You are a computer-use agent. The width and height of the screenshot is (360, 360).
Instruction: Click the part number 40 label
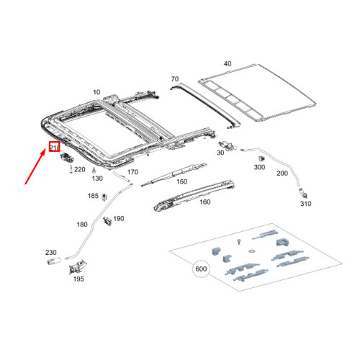coord(228,64)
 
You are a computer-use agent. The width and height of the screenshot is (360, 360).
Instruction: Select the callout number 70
coord(174,78)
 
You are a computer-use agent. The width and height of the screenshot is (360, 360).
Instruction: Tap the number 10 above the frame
coord(97,92)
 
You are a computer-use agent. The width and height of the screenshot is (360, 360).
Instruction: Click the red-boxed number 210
coord(53,148)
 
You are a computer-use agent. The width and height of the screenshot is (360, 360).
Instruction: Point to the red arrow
coord(35,166)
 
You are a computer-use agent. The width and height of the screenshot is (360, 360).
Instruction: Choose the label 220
coord(80,169)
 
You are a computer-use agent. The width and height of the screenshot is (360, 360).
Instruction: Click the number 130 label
coord(98,179)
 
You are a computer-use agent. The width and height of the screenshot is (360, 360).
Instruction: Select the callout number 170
coord(132,173)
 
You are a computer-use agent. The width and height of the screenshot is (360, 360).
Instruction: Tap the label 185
coord(93,196)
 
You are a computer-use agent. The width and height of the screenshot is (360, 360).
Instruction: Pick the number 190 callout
coord(120,219)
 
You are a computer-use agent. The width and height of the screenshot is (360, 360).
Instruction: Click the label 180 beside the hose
coord(82,225)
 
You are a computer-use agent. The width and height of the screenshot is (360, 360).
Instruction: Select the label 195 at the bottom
coord(77,279)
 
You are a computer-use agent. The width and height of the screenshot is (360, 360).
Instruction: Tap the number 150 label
coord(181,182)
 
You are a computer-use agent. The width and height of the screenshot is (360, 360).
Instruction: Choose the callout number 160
coord(204,202)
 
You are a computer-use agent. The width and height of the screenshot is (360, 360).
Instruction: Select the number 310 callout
coord(305,204)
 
